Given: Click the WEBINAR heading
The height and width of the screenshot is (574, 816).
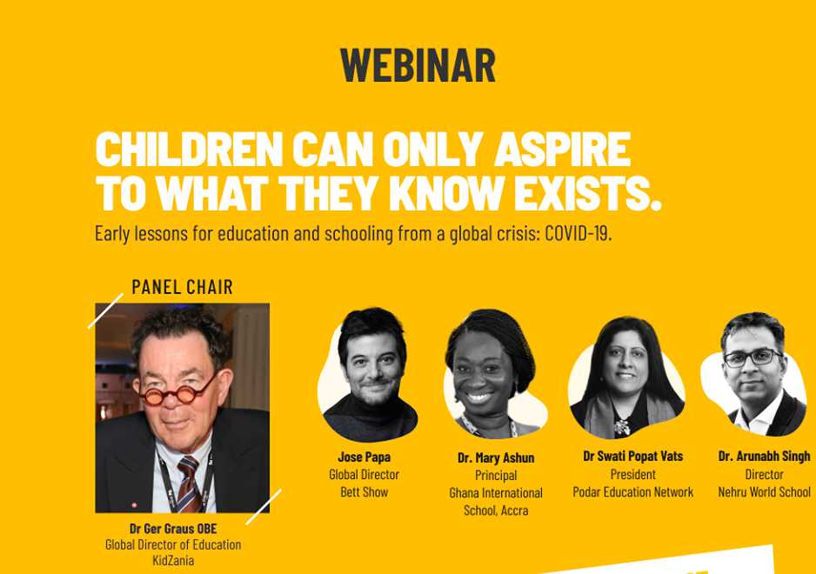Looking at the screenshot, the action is pyautogui.click(x=418, y=65).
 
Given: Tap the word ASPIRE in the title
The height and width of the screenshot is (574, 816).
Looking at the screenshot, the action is pyautogui.click(x=563, y=149).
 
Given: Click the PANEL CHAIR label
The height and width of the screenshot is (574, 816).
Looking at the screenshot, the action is pyautogui.click(x=182, y=287).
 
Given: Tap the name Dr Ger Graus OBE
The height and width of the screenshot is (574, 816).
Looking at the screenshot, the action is pyautogui.click(x=173, y=528).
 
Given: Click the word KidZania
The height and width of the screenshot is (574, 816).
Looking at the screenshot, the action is pyautogui.click(x=173, y=560).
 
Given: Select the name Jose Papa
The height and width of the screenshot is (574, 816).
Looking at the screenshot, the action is pyautogui.click(x=365, y=457).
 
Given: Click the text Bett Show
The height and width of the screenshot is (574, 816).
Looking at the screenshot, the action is pyautogui.click(x=365, y=491).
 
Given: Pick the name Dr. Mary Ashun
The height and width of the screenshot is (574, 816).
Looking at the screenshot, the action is pyautogui.click(x=496, y=458).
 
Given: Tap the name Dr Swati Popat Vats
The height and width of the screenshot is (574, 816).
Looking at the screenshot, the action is pyautogui.click(x=632, y=457).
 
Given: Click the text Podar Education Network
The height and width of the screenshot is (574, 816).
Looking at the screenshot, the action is pyautogui.click(x=632, y=491).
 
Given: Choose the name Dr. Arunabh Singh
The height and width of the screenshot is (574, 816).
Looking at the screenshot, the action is pyautogui.click(x=764, y=457).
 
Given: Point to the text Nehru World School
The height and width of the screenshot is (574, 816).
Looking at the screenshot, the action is pyautogui.click(x=764, y=491).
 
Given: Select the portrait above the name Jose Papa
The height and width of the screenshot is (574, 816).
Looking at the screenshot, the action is pyautogui.click(x=370, y=374).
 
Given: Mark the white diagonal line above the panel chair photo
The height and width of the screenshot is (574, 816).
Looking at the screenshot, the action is pyautogui.click(x=105, y=310).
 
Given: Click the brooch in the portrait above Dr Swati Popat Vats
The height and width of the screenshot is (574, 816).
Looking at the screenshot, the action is pyautogui.click(x=621, y=427).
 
